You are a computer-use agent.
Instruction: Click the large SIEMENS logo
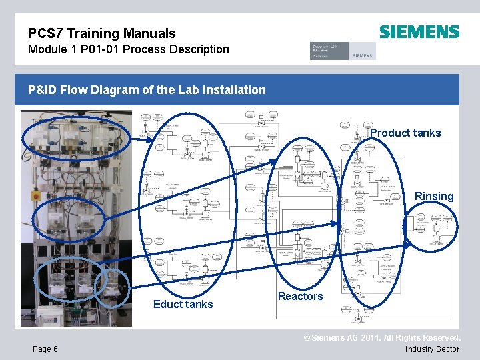(419, 32)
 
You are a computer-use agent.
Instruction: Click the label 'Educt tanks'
(183, 304)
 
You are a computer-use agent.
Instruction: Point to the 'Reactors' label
(300, 296)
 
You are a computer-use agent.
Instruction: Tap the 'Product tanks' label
(405, 133)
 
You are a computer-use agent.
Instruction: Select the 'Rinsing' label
(434, 196)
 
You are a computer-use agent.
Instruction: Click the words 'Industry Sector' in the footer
(432, 349)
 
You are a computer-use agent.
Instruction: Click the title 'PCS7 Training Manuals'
(102, 33)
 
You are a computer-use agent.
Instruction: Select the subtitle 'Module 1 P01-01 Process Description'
(129, 49)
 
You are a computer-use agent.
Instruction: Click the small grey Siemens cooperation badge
(343, 51)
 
